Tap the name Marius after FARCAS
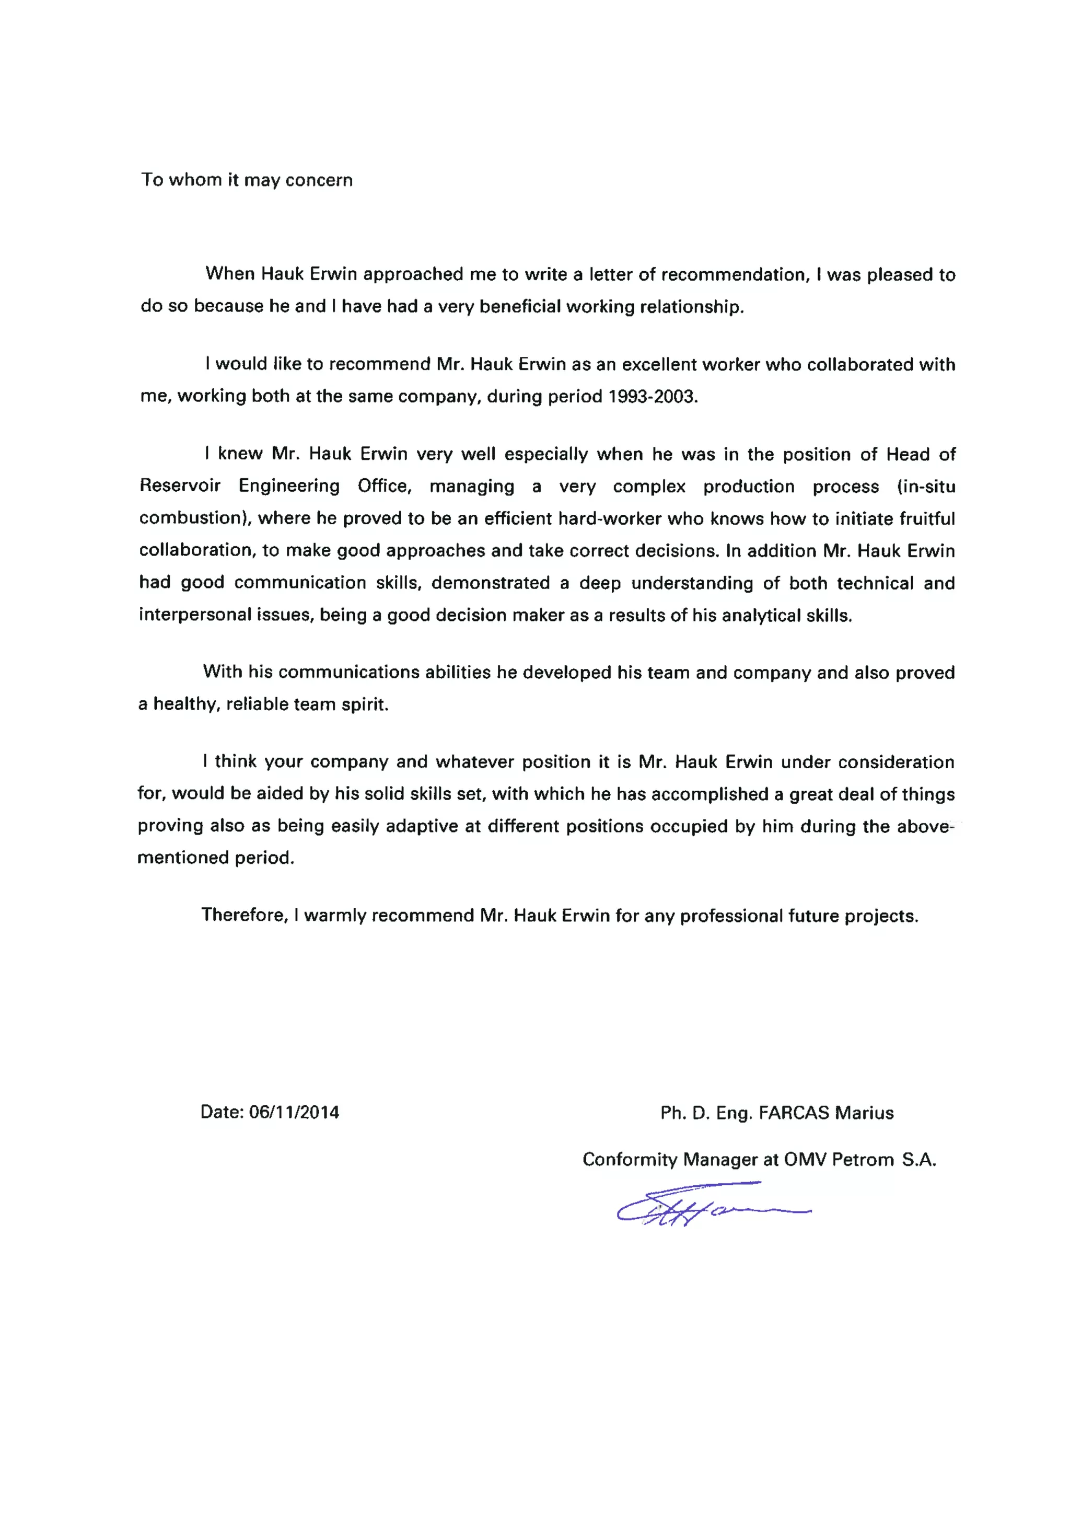click(x=864, y=1113)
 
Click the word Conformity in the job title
click(x=629, y=1159)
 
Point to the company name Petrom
click(x=863, y=1159)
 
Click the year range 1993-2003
click(x=652, y=396)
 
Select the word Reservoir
click(x=179, y=486)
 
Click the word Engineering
click(x=289, y=486)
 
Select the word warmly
click(x=334, y=916)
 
